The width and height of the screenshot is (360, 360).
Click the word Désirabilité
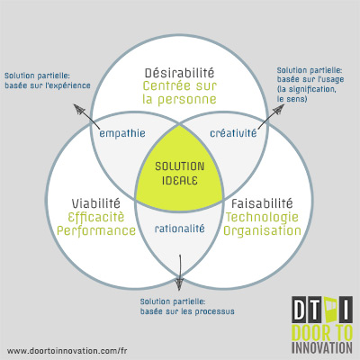click(x=179, y=73)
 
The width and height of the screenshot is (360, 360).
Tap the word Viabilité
click(x=96, y=203)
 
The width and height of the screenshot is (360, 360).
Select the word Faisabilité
click(x=262, y=203)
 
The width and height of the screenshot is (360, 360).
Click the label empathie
click(x=122, y=133)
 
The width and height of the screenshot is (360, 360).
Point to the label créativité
click(x=233, y=132)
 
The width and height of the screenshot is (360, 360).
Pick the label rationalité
click(x=179, y=229)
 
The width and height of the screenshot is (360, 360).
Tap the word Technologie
click(x=262, y=218)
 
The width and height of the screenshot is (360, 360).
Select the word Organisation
click(x=262, y=230)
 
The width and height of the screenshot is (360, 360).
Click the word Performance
click(x=96, y=231)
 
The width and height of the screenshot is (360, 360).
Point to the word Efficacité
click(x=96, y=217)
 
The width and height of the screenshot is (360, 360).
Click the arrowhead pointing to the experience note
click(x=78, y=109)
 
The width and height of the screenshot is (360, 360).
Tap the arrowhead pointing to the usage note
click(x=278, y=112)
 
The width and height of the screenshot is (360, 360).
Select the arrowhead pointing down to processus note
click(x=179, y=283)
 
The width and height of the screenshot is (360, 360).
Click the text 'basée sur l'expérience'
click(x=48, y=85)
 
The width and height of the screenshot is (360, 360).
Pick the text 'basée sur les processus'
click(x=187, y=311)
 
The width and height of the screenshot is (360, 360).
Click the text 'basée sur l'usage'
click(x=310, y=79)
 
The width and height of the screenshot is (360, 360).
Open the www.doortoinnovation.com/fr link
click(x=67, y=350)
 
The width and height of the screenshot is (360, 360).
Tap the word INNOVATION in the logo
click(x=322, y=347)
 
